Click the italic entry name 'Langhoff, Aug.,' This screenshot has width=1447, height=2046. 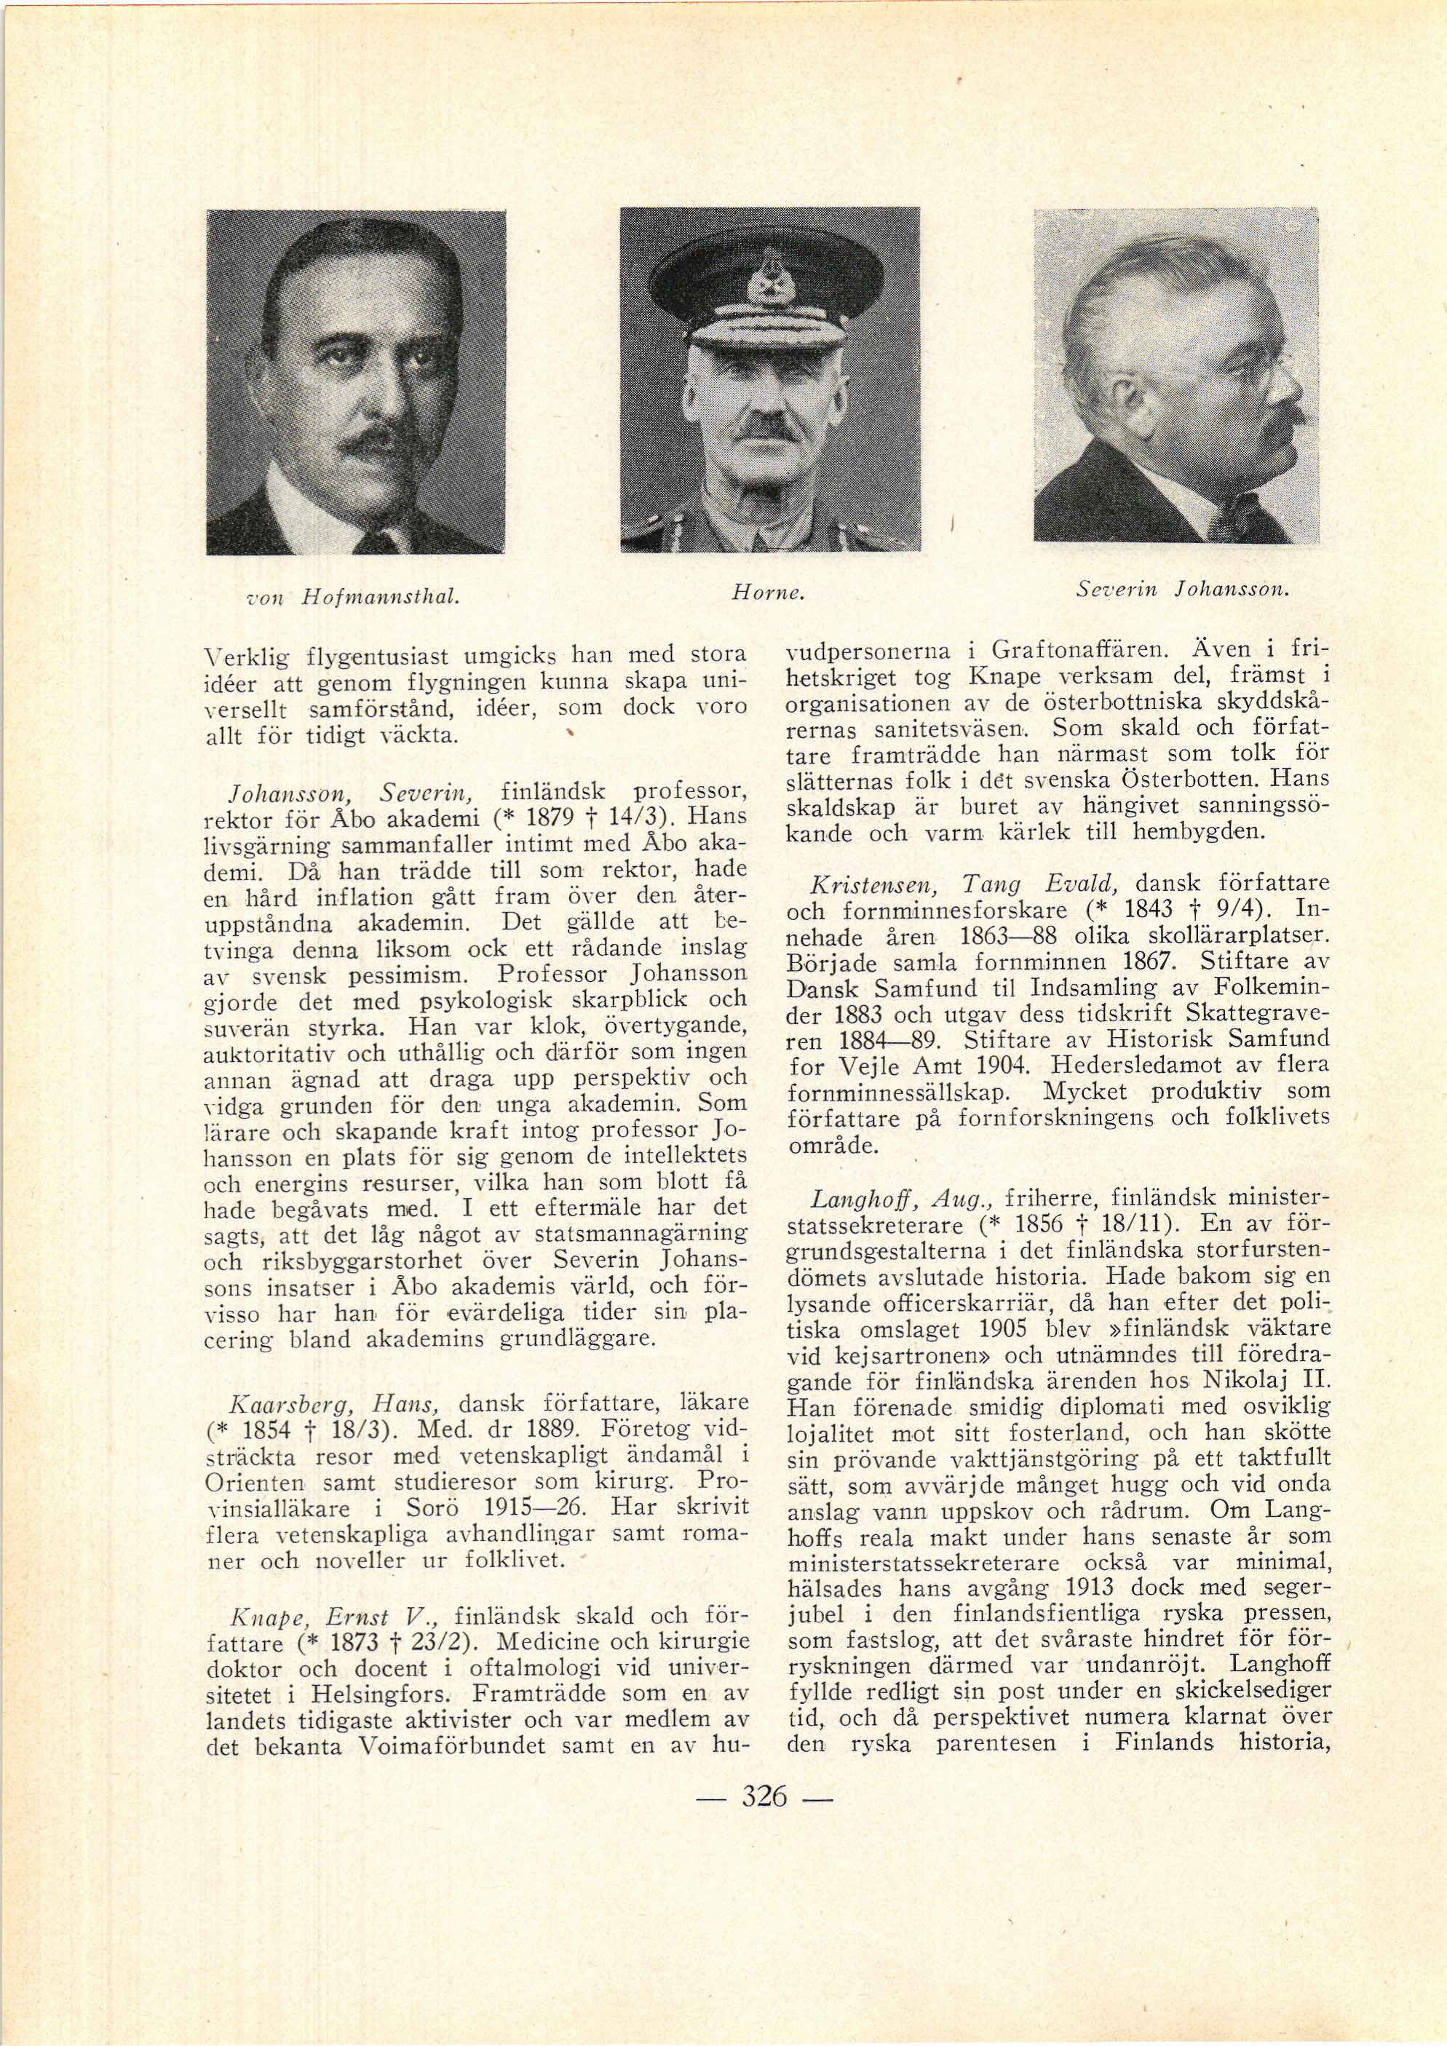point(892,1196)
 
